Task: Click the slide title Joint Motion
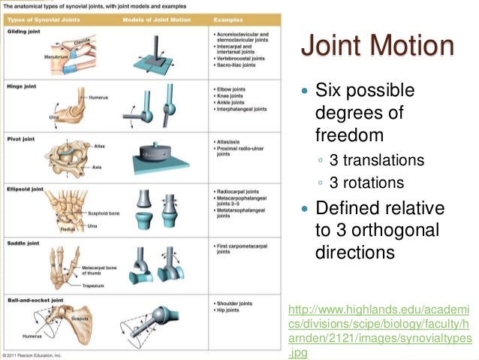point(377,46)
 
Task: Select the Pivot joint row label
point(20,138)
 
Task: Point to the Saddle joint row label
point(23,243)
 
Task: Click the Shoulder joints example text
point(235,304)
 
